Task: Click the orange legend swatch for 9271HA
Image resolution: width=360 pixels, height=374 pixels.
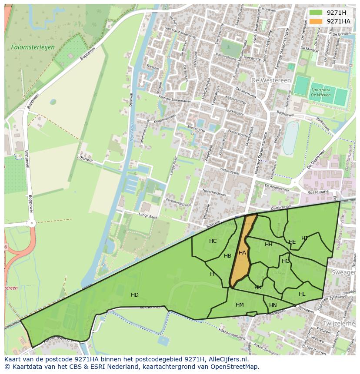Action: coord(316,21)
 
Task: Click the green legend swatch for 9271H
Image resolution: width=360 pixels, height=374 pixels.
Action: coord(316,13)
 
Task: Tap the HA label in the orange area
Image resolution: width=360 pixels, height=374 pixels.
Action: coord(242,253)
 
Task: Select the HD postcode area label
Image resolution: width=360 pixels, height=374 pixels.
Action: coord(135,295)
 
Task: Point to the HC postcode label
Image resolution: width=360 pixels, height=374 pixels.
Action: coord(213,241)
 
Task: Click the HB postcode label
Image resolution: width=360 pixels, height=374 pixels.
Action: coord(227,256)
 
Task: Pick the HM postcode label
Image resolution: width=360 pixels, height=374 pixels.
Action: coord(240,305)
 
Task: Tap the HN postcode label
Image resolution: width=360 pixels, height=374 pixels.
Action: coord(273,306)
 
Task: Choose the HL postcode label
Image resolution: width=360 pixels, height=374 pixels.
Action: coord(302,294)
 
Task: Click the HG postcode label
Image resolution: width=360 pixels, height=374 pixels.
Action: coord(285,261)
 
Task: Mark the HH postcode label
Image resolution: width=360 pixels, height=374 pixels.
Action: coord(269,245)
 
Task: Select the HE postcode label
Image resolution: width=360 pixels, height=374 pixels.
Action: coord(292,242)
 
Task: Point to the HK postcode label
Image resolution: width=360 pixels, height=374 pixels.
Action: coord(258,288)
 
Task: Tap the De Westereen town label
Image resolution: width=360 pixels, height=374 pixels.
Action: coord(267,80)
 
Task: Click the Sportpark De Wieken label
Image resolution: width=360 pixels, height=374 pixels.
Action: coord(320,93)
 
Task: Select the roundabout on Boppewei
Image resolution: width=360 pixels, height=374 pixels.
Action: coord(31,223)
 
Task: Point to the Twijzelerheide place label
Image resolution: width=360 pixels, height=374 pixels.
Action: coord(339,324)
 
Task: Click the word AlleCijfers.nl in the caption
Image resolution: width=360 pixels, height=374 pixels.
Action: coord(226,359)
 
